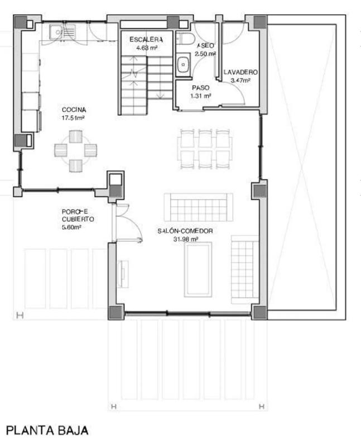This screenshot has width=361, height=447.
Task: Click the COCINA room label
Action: [x=74, y=110]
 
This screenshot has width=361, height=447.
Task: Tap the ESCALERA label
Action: [x=146, y=40]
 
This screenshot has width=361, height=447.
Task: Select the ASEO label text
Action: [x=205, y=46]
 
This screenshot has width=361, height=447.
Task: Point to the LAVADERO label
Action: [x=240, y=72]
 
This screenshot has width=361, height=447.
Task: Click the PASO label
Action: [x=201, y=88]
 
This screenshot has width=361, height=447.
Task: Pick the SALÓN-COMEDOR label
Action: [x=185, y=231]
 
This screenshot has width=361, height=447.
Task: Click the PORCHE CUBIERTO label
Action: [x=78, y=215]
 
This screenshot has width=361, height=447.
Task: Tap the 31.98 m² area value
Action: [x=186, y=239]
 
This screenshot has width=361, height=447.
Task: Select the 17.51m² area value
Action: [x=73, y=118]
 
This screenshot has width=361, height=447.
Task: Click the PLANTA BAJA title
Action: [x=47, y=430]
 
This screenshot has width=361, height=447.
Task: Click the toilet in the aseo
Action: [x=185, y=39]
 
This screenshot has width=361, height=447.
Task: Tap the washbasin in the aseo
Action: [x=183, y=64]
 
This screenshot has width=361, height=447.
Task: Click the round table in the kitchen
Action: [x=76, y=151]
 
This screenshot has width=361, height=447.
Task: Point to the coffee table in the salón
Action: [x=198, y=269]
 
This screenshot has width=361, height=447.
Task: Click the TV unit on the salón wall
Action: [x=123, y=274]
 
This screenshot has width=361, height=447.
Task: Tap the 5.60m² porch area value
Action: [x=72, y=227]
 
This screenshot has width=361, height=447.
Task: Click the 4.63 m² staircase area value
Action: [x=147, y=48]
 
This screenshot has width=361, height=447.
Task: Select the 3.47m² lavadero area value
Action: [x=240, y=80]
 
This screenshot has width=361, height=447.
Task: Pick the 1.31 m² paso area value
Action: [x=201, y=96]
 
